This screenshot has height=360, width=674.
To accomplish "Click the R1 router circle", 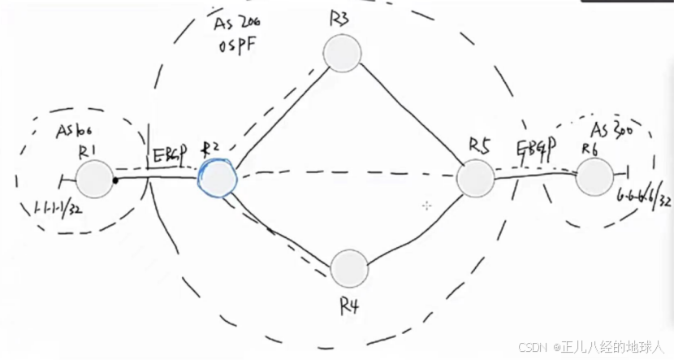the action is tap(95, 178).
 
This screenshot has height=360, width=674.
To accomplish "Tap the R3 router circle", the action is tap(342, 54).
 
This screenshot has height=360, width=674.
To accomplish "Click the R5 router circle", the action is tap(475, 178).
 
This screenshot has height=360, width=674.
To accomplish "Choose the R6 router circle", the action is tap(594, 176).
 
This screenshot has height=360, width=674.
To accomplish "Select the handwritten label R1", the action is tap(88, 150).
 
